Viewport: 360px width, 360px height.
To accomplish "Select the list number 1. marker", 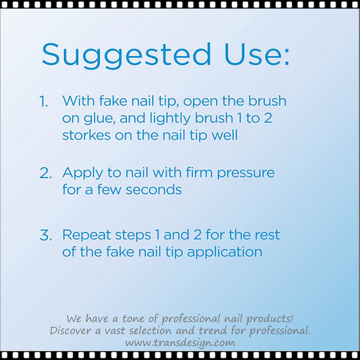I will tap(45, 101).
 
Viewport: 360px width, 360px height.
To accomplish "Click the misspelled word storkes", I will tap(87, 135).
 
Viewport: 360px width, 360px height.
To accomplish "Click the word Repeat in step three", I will tap(85, 235).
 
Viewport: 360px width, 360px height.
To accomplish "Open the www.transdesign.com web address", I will tap(180, 342).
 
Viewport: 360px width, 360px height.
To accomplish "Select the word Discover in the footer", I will tap(70, 331).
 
